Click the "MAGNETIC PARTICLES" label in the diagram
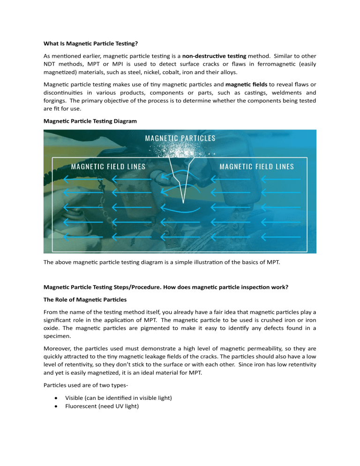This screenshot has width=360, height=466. [180, 138]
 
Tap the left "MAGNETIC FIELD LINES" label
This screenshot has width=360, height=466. [108, 166]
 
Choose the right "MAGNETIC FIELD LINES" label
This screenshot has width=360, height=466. [256, 166]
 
